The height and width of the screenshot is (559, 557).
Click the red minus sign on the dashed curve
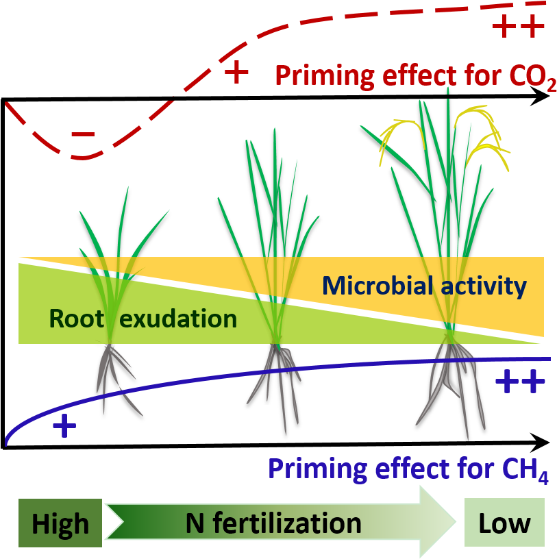click(x=83, y=135)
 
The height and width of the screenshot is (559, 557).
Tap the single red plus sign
click(x=236, y=72)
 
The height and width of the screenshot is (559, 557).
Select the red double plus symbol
click(x=519, y=27)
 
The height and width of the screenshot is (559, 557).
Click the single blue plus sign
click(x=64, y=427)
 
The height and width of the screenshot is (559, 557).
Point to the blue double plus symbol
click(x=520, y=381)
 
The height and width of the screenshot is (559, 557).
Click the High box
click(x=60, y=523)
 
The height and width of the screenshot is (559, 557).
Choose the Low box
click(x=504, y=523)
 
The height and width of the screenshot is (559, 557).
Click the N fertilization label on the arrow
click(x=273, y=523)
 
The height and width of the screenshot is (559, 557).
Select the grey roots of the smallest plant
click(x=113, y=373)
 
